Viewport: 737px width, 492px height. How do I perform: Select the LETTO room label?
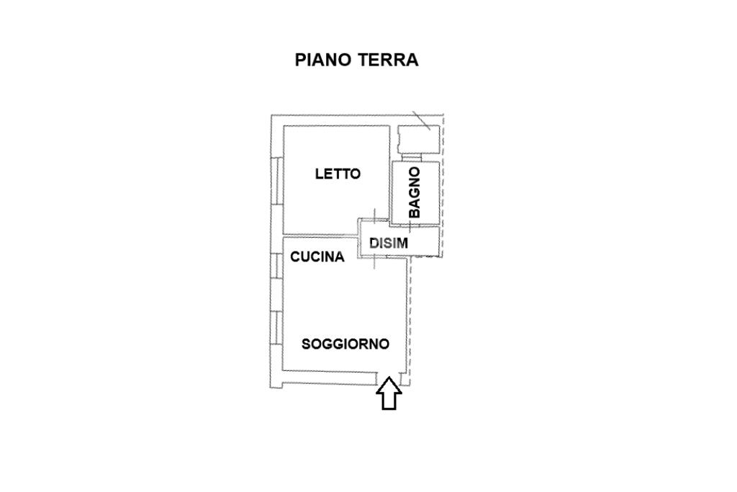coord(338,174)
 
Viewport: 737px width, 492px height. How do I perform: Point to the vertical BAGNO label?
coord(415,192)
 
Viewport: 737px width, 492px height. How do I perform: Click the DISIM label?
coord(389,243)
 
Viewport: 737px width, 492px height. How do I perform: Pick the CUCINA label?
coord(317,256)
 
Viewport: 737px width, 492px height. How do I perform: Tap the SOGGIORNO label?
coord(345,344)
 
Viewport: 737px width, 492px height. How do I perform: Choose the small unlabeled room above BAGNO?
coord(417,139)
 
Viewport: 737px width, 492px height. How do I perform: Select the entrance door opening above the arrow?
coord(389,377)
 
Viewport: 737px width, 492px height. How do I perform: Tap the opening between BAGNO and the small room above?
coord(413,157)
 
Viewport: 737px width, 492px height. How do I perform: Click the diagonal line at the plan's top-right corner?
coord(422,121)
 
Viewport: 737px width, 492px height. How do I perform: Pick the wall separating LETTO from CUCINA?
coord(320,234)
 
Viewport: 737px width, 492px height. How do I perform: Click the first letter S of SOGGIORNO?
coord(306,344)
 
